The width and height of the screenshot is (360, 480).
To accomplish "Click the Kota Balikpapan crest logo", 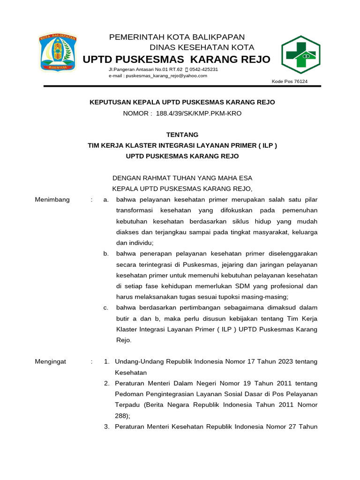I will [x=58, y=53].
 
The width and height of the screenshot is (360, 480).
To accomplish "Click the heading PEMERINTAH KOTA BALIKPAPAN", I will [x=177, y=37].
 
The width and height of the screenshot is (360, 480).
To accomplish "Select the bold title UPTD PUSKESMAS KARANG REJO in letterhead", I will [x=176, y=60].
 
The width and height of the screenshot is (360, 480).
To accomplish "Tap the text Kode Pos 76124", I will [x=290, y=82].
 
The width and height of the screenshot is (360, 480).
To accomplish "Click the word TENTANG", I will [x=182, y=135].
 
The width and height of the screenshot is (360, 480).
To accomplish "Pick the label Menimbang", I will [x=52, y=200].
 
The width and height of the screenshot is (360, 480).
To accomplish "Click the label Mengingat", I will [x=51, y=361].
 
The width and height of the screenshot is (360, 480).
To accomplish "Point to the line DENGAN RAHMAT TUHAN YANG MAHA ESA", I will [x=182, y=178].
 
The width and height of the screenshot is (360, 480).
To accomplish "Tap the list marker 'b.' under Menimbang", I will [x=106, y=254].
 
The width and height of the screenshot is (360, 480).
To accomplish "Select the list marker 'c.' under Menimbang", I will [x=106, y=307].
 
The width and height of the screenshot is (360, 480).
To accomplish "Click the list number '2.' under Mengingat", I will [x=107, y=383].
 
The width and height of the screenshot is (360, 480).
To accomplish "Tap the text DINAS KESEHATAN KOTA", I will [x=202, y=47].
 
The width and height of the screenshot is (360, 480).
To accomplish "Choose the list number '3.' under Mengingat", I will [x=107, y=426].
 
